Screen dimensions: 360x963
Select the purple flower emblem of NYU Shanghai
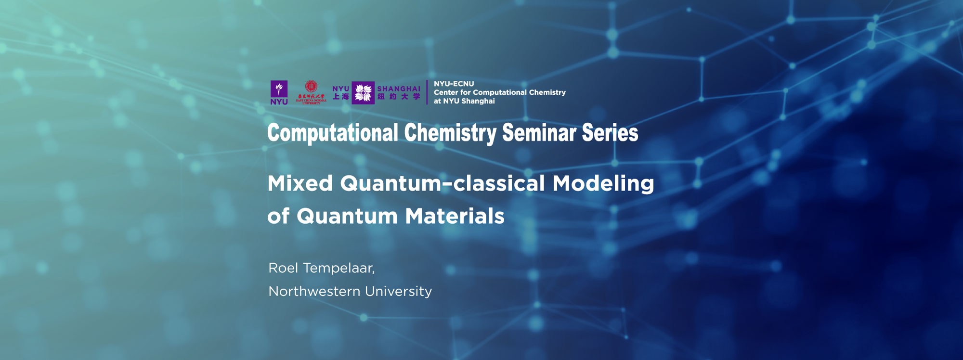point(363,93)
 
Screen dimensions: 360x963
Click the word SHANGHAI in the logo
point(399,89)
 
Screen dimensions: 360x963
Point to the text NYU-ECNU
point(454,84)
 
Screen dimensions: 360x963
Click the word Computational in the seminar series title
point(333,133)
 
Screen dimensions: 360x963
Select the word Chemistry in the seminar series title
point(450,133)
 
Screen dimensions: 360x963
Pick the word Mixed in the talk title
point(300,183)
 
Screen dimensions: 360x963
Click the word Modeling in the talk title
point(603,183)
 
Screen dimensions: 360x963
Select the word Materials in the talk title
point(455,216)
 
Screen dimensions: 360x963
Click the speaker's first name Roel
point(283,268)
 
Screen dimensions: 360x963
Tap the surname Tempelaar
point(338,268)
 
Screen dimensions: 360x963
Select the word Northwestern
point(314,291)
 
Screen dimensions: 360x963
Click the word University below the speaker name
point(398,291)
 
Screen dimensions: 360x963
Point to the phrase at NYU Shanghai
point(464,101)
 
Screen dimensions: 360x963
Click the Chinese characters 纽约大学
point(399,97)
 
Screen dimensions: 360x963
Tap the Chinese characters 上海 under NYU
point(340,97)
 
